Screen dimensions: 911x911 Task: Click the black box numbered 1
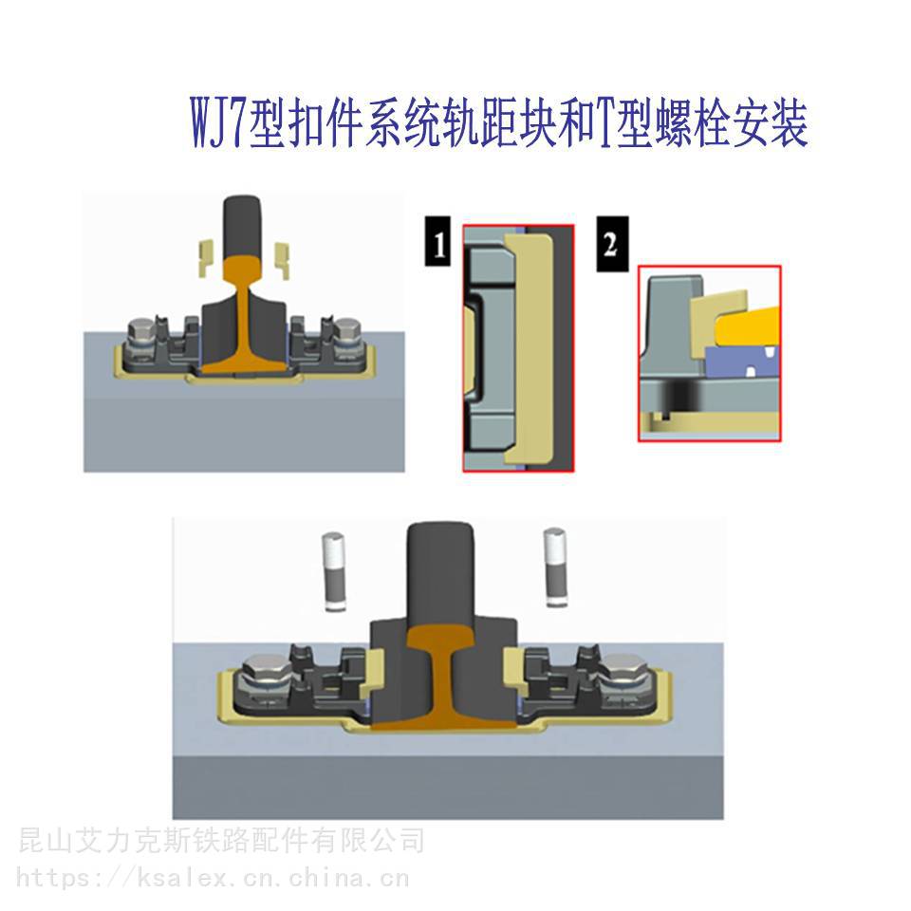tap(437, 241)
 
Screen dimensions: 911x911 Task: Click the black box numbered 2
tap(612, 244)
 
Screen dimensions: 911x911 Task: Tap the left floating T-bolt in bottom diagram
tap(334, 571)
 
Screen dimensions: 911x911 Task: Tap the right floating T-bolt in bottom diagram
tap(555, 567)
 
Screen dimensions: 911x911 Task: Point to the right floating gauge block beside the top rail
tap(283, 260)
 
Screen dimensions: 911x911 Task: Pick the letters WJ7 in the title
tap(218, 124)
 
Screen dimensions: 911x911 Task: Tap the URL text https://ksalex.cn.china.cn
tap(213, 878)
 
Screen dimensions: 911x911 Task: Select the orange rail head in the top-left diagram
tap(244, 268)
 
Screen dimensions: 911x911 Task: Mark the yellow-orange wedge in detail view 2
tap(749, 326)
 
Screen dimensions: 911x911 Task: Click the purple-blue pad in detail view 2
tap(742, 361)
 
